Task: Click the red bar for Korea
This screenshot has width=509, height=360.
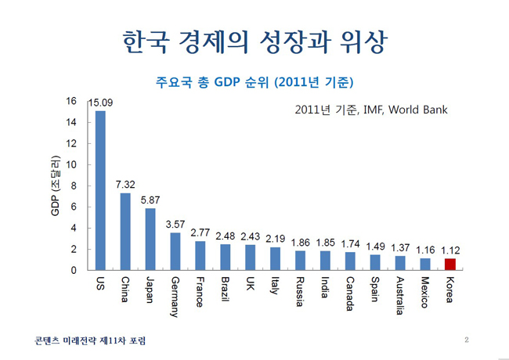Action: pyautogui.click(x=449, y=264)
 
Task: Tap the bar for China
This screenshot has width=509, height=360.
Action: pyautogui.click(x=125, y=232)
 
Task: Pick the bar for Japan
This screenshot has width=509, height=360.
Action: pyautogui.click(x=150, y=239)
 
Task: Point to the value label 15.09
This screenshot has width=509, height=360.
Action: pyautogui.click(x=102, y=103)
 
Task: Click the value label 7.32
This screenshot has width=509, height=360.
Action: pyautogui.click(x=125, y=184)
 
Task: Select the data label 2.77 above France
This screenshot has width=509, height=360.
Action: pyautogui.click(x=200, y=232)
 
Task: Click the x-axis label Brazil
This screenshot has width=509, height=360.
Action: pyautogui.click(x=225, y=290)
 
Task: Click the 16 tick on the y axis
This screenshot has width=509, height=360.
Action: pyautogui.click(x=71, y=102)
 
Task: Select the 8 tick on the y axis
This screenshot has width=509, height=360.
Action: pyautogui.click(x=74, y=186)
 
